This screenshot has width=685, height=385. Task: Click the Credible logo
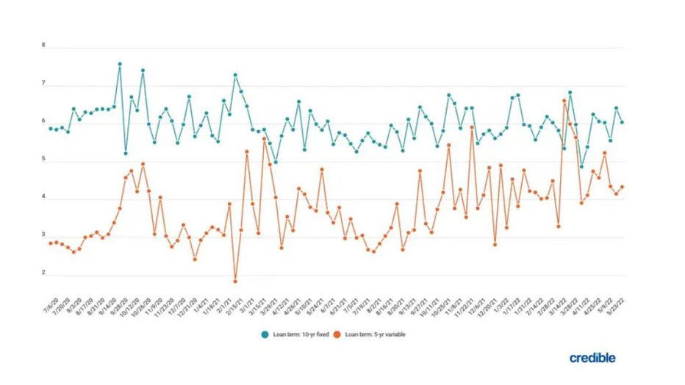click(x=592, y=358)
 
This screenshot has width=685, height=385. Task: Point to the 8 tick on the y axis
click(x=44, y=45)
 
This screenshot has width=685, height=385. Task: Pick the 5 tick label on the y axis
click(x=44, y=159)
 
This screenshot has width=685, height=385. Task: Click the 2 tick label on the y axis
click(x=44, y=273)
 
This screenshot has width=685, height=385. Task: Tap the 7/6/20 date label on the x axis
click(x=46, y=301)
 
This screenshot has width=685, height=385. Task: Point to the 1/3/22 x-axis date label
click(x=501, y=301)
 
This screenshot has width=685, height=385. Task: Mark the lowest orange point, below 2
click(x=235, y=281)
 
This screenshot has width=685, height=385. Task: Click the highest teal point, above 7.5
click(x=119, y=64)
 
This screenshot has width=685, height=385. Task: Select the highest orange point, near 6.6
click(x=564, y=101)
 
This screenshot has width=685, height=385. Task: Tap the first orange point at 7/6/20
click(x=50, y=242)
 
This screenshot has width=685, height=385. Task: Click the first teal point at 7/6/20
click(x=50, y=128)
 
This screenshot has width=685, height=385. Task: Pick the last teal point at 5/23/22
click(x=623, y=122)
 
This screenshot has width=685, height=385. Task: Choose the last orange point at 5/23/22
click(x=623, y=187)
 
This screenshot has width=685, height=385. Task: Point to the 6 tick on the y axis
click(x=44, y=121)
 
